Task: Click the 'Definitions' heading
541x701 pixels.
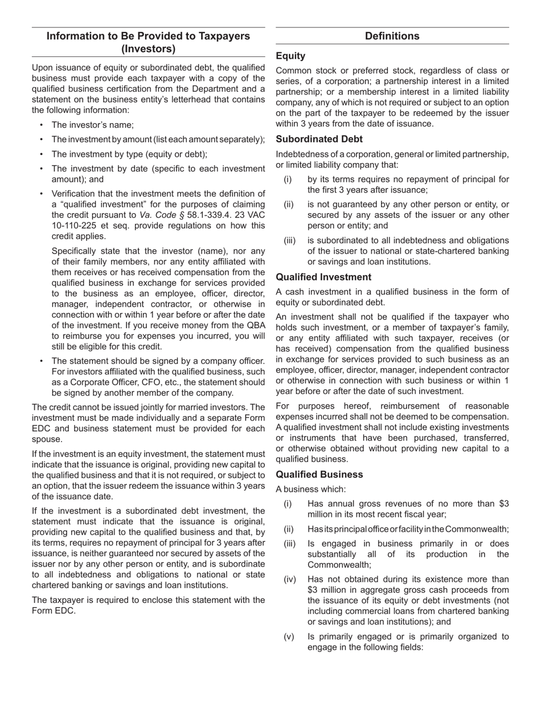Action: (392, 36)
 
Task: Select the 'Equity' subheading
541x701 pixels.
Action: (290, 56)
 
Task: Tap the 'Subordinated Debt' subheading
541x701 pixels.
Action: (319, 139)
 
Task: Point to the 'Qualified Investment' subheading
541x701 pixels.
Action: (323, 277)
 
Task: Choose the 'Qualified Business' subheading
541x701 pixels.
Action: (319, 474)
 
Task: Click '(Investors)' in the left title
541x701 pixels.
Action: (148, 49)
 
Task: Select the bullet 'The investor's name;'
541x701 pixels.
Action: (93, 125)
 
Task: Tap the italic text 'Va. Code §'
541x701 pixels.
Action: (161, 215)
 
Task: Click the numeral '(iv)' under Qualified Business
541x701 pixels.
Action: (290, 580)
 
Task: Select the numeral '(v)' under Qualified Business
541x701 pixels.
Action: (289, 637)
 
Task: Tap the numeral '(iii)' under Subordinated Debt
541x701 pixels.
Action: (290, 241)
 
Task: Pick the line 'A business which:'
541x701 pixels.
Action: (310, 489)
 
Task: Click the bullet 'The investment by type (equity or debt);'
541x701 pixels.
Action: (129, 154)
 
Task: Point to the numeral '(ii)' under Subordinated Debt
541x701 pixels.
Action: (289, 205)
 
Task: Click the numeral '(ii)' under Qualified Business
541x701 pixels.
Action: (289, 529)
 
